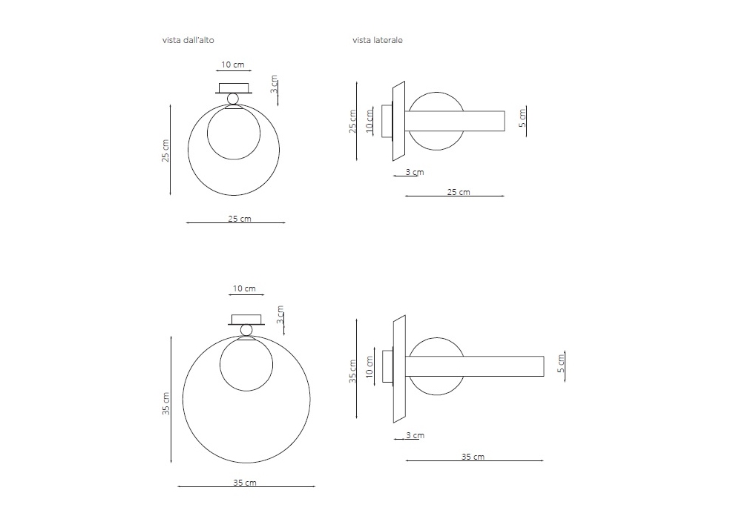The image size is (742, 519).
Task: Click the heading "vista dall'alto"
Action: pos(188,40)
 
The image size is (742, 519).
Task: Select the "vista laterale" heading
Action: pos(377,40)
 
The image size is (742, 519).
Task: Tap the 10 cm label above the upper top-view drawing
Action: pos(233,65)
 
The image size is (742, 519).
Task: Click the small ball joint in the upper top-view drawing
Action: pos(233,99)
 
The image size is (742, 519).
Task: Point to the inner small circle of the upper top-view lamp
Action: pos(207,133)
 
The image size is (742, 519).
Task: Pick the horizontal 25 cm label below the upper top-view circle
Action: pos(240,219)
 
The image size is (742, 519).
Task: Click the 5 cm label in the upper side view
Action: pos(522,118)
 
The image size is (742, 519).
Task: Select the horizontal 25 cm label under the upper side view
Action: pos(459,192)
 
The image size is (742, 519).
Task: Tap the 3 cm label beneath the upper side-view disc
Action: pos(415,172)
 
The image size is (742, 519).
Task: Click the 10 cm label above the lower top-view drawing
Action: pos(244,288)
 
